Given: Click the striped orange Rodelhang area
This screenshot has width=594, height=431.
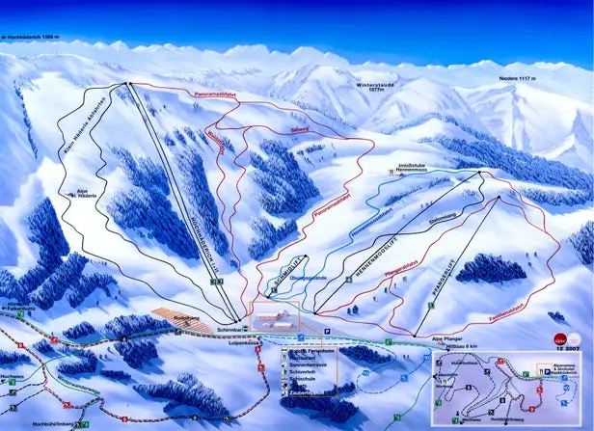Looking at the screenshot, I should [184, 320].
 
